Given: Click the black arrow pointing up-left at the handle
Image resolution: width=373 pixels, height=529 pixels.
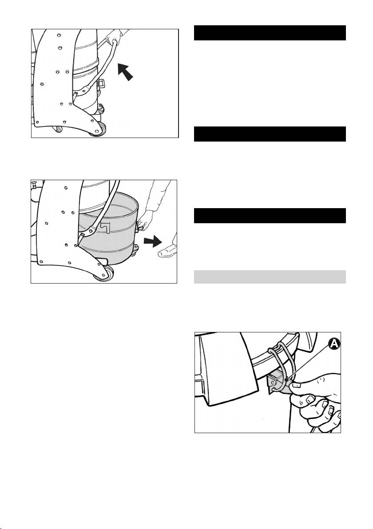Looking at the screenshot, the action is point(125,72).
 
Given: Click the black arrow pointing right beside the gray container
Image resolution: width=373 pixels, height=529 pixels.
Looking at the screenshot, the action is point(153,241).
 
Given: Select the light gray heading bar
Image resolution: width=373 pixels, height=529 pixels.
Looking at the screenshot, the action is point(270,276).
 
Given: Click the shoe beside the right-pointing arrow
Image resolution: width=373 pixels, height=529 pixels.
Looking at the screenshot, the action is point(168,251).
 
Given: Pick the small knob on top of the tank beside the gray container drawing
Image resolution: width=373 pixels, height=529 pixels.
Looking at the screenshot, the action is point(34,185).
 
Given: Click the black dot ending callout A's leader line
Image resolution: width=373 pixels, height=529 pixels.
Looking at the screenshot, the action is point(286,379).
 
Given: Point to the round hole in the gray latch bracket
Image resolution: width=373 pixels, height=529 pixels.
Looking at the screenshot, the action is point(273,383).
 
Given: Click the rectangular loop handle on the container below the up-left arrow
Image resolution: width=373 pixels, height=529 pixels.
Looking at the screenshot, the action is point(101,82).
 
